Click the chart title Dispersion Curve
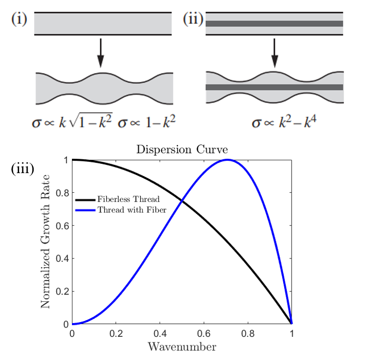[x=182, y=149]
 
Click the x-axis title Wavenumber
[x=182, y=347]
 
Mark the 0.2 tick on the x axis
[x=116, y=333]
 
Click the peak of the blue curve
[x=228, y=159]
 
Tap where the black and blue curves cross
[x=182, y=200]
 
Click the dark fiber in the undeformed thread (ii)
[x=274, y=23]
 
